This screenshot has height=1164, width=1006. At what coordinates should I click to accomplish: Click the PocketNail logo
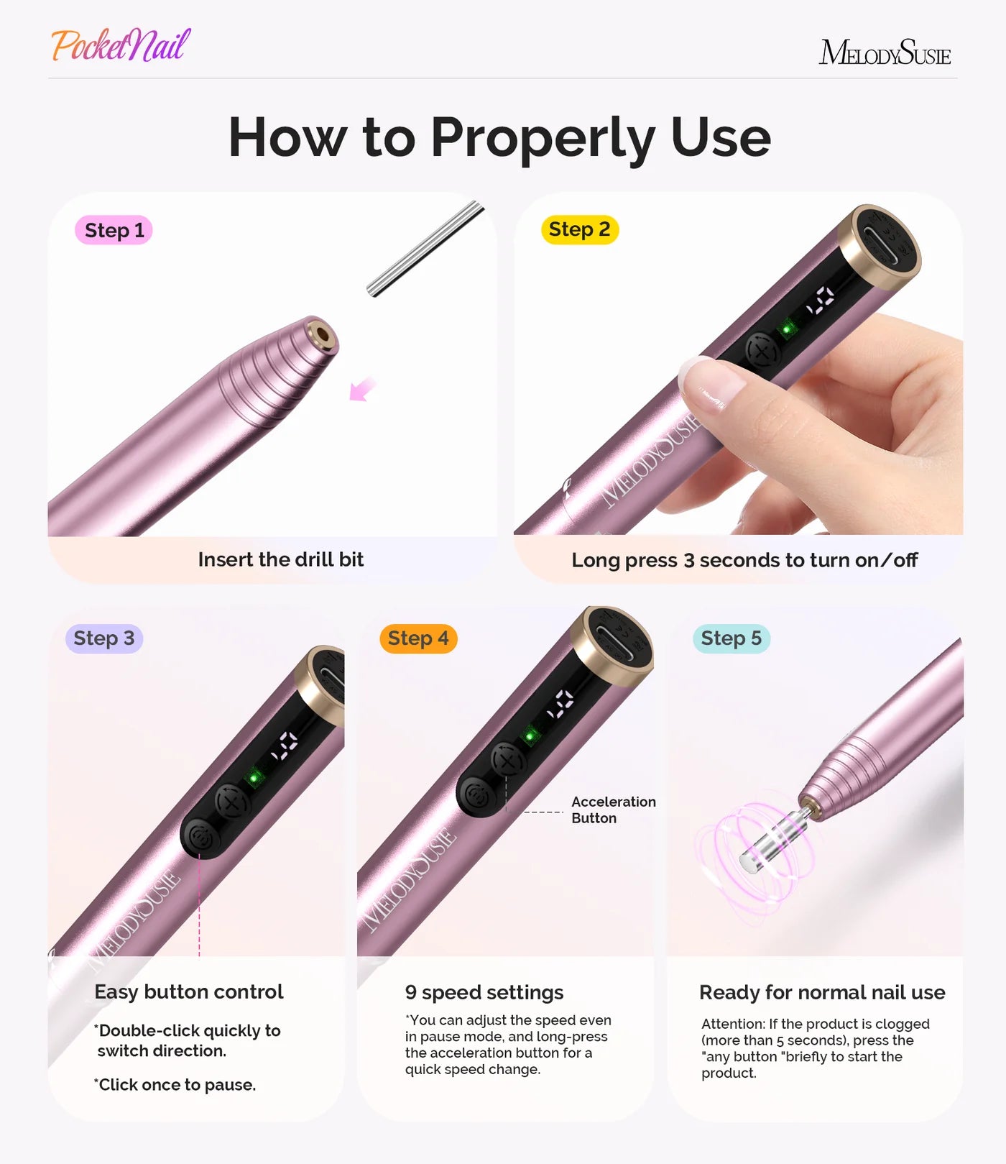click(121, 45)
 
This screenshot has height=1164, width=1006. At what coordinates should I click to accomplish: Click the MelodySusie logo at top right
click(884, 53)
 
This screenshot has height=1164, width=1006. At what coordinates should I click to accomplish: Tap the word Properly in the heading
click(543, 137)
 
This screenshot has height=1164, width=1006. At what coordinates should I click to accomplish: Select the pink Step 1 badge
click(114, 230)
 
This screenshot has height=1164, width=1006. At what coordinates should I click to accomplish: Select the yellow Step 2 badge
click(579, 229)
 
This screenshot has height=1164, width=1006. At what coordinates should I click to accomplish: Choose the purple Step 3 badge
click(104, 638)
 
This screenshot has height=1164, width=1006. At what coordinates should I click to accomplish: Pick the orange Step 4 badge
click(418, 638)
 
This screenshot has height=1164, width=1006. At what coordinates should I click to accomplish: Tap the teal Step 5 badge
click(731, 638)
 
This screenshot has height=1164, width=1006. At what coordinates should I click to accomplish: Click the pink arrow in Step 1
click(361, 389)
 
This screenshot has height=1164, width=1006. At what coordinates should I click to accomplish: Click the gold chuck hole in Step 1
click(321, 335)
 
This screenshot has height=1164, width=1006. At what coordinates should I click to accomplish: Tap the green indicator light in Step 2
click(788, 329)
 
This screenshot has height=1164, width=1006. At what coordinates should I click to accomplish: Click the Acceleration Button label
click(613, 810)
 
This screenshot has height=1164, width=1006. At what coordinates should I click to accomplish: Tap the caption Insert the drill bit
click(280, 559)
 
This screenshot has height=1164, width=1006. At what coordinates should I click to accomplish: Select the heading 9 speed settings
click(484, 992)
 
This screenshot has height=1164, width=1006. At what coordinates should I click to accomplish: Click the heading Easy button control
click(188, 991)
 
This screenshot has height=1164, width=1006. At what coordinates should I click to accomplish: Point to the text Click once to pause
click(176, 1084)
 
